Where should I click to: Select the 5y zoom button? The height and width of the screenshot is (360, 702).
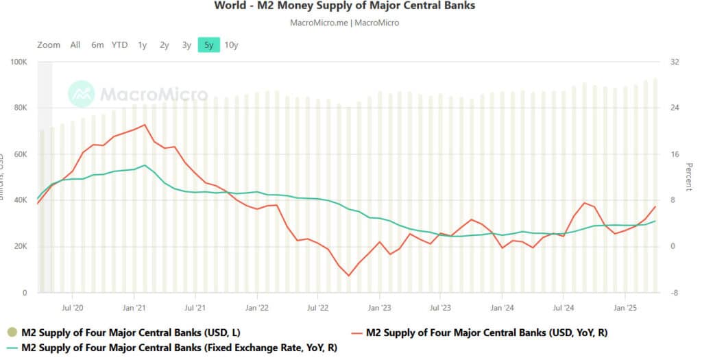[208, 45]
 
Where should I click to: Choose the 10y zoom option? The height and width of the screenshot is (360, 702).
[231, 45]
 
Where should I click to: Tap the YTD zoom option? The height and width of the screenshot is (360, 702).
[119, 45]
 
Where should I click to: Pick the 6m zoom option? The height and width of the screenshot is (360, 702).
[97, 45]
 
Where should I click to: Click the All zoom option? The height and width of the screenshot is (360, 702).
[75, 45]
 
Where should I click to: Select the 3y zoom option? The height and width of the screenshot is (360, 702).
[186, 45]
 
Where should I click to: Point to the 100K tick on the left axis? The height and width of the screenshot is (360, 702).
[18, 62]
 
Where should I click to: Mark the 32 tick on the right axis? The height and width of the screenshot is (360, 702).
[675, 62]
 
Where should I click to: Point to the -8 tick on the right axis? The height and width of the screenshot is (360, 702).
[675, 293]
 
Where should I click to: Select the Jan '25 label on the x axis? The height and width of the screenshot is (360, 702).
[625, 309]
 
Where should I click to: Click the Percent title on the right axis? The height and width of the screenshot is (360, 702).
[689, 177]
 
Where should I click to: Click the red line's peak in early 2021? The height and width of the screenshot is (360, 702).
[145, 125]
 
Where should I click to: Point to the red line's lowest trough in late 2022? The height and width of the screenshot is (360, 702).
[348, 276]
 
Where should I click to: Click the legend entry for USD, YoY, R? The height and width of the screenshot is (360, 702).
[487, 333]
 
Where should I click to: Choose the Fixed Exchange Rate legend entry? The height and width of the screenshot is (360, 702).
[179, 348]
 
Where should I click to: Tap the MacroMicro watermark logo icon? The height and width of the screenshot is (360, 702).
[82, 94]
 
